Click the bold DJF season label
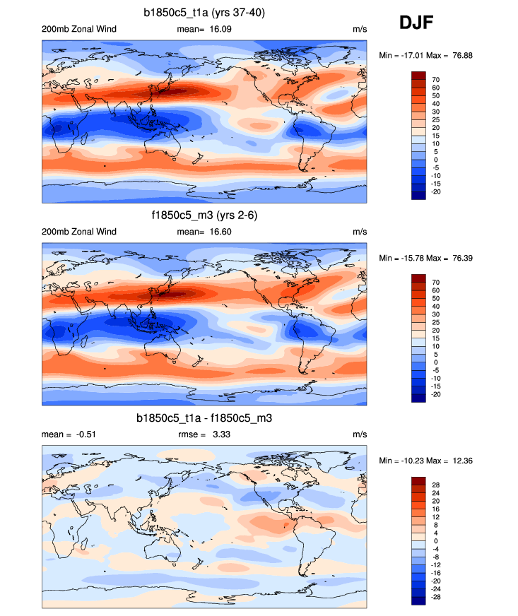coord(416,23)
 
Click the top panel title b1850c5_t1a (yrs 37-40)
coord(204,12)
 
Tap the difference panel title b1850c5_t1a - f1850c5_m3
coord(204,418)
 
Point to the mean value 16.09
coord(218,29)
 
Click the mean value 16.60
coord(218,232)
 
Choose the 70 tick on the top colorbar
coord(436,80)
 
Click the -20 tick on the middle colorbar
coord(436,394)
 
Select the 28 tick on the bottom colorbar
coord(436,485)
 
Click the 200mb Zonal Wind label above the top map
coord(79,29)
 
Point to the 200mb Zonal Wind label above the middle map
coord(79,232)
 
